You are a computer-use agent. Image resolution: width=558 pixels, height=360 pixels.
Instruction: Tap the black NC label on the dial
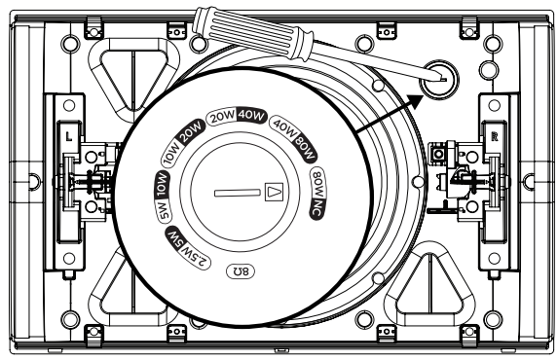316,208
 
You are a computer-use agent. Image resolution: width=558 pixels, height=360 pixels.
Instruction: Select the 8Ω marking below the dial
241,271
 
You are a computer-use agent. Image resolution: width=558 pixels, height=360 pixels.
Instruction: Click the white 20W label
222,117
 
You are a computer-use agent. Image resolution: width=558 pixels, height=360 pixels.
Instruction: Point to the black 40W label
252,116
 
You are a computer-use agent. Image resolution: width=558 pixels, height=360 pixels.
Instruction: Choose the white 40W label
283,127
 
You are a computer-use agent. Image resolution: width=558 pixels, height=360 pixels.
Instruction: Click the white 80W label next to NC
317,184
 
